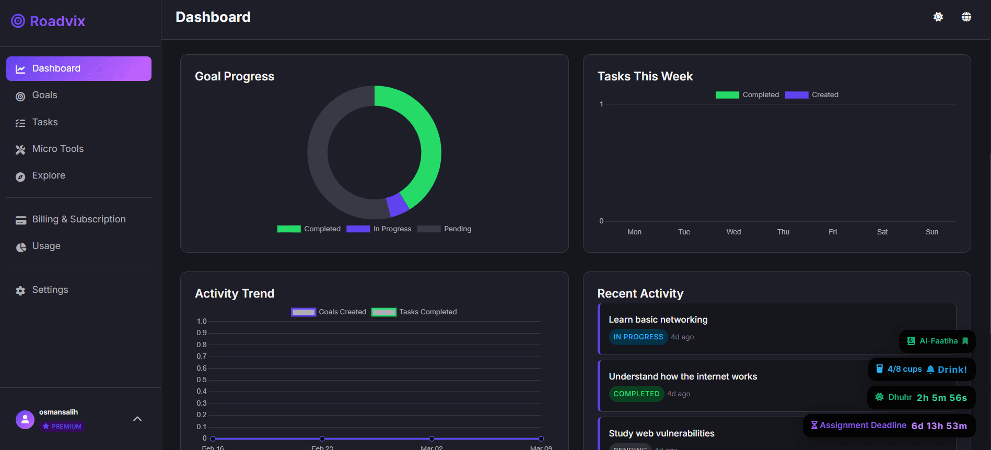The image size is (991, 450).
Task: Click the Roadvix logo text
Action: tap(57, 21)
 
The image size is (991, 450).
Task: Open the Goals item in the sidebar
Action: tap(44, 95)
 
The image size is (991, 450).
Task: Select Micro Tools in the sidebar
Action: tap(57, 149)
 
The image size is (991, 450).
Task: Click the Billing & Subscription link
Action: tap(78, 219)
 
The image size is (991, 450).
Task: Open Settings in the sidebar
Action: tap(50, 290)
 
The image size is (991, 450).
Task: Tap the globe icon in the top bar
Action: tap(966, 17)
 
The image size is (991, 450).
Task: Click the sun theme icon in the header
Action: tap(938, 17)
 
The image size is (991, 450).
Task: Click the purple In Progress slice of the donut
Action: tap(398, 204)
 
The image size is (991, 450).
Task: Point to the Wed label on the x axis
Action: tap(733, 232)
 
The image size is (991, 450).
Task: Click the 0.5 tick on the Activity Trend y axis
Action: tap(202, 380)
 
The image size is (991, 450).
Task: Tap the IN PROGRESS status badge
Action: tap(638, 337)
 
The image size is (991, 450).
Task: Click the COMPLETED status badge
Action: tap(636, 394)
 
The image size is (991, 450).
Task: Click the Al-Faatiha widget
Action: tap(937, 341)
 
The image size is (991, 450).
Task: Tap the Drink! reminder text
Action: tap(952, 370)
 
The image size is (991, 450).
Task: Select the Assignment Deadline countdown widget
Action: tap(889, 425)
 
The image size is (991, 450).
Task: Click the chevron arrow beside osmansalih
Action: tap(137, 419)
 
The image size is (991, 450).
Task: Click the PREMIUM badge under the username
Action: tap(62, 427)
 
